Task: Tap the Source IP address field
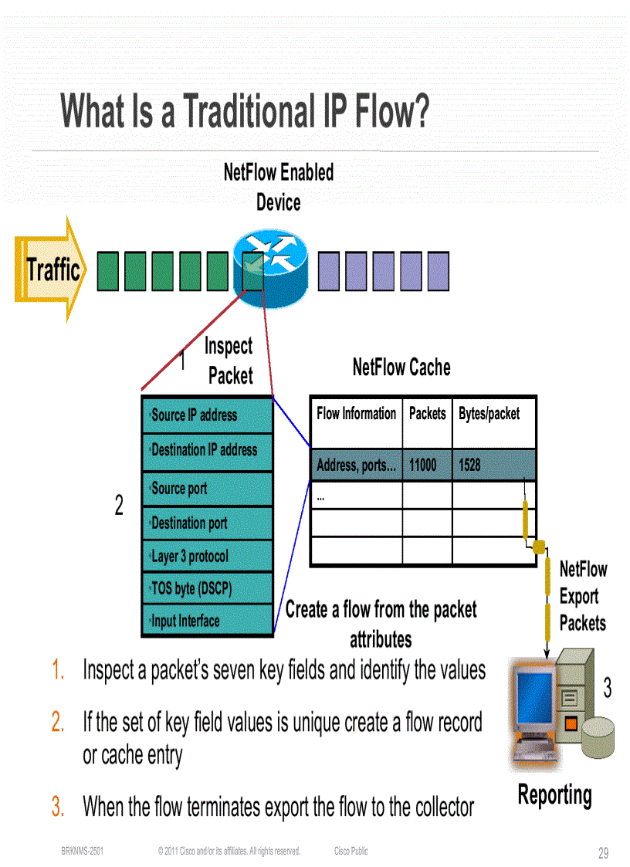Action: (207, 415)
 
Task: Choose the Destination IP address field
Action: (207, 449)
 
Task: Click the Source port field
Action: (207, 489)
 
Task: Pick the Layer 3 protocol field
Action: (207, 556)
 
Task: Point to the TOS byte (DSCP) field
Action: (207, 588)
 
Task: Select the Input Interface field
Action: (207, 621)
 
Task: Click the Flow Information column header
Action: (356, 414)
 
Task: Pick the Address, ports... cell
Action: (356, 465)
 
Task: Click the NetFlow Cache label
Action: (401, 367)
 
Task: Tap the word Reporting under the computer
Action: (554, 795)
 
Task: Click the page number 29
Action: (603, 853)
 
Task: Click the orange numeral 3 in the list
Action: (57, 808)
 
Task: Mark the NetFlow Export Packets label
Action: (583, 596)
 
